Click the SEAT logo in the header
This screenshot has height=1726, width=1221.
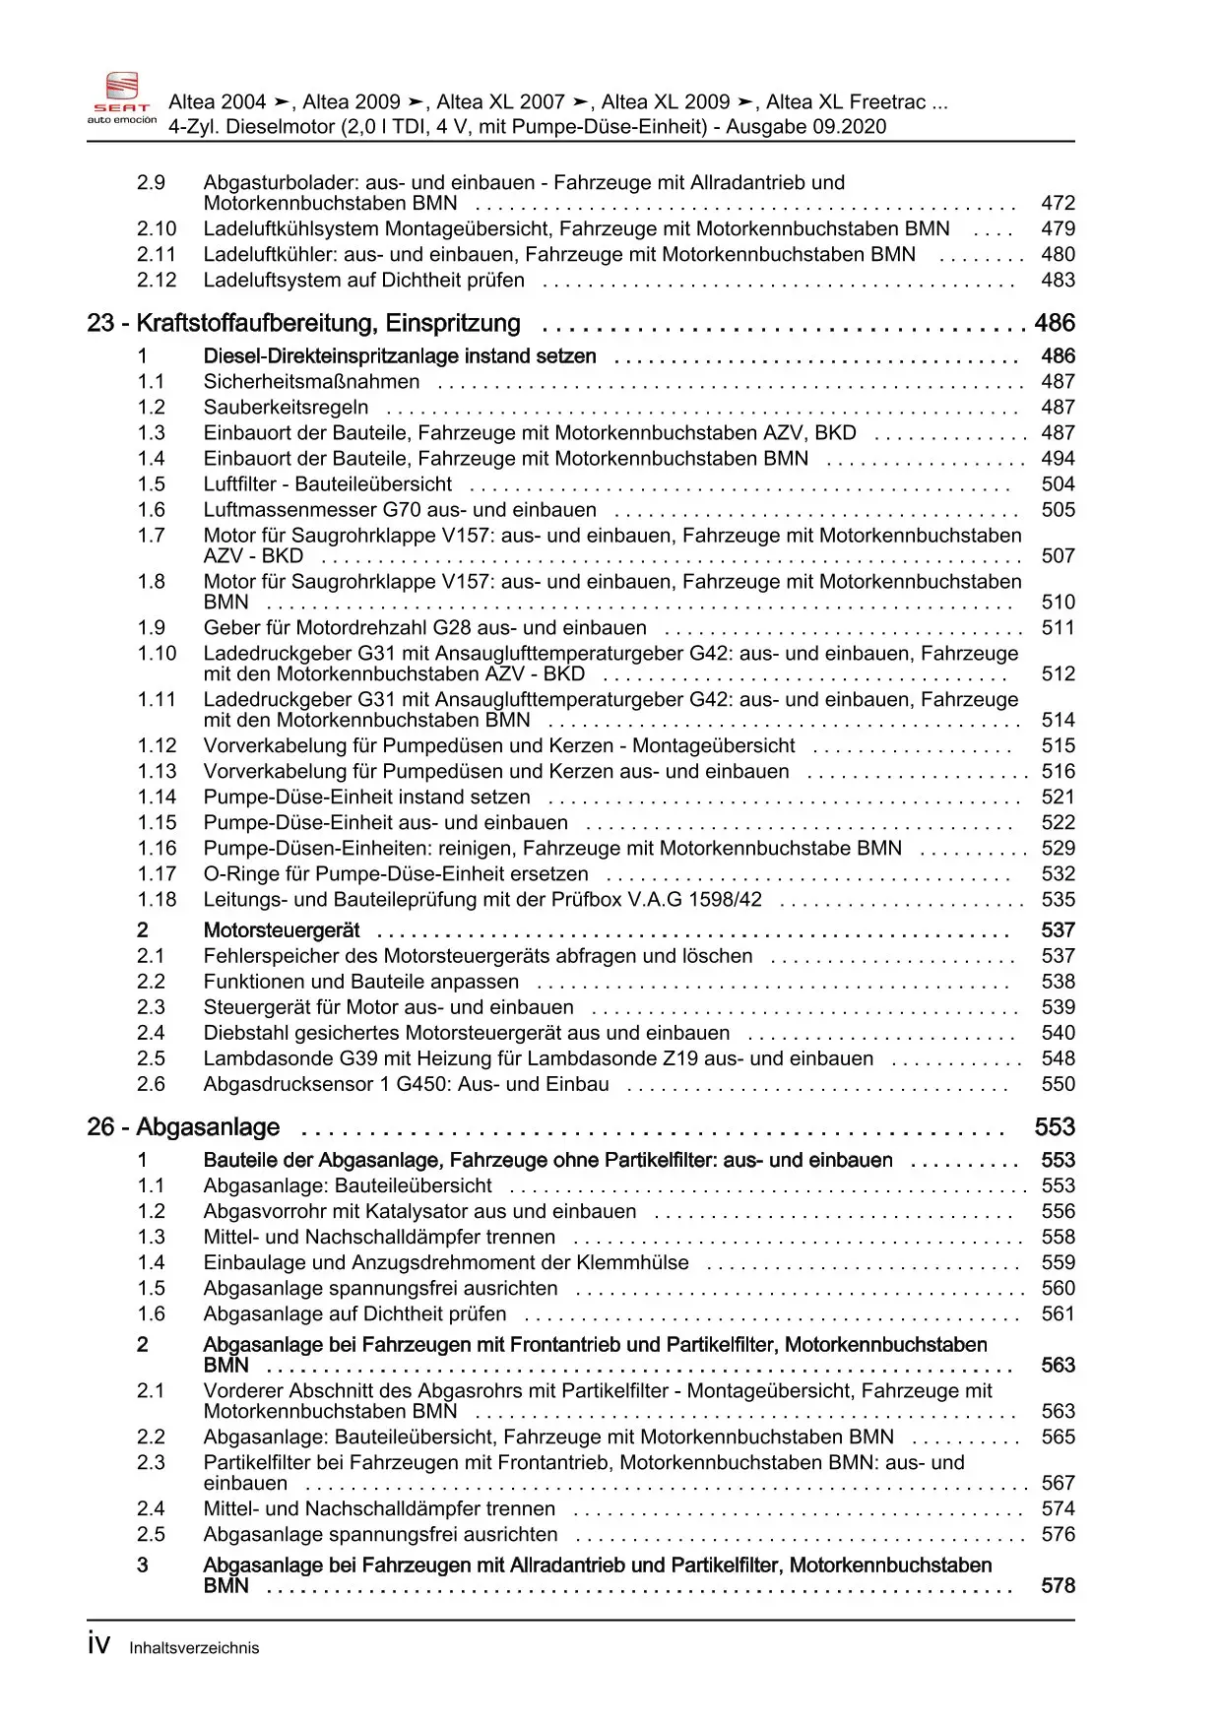(x=122, y=97)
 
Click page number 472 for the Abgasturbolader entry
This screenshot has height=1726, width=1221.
(x=1058, y=204)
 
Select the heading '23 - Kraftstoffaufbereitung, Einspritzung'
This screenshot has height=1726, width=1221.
(x=304, y=324)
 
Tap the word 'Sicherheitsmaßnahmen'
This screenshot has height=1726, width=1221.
(x=311, y=382)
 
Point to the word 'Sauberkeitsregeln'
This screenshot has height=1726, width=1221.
(x=286, y=408)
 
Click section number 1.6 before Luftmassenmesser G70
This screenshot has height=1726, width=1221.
(x=151, y=510)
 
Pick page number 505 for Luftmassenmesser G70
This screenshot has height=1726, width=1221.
(x=1058, y=510)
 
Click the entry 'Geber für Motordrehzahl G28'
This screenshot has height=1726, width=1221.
(x=424, y=628)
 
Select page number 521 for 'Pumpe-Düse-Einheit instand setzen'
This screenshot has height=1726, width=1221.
(x=1058, y=798)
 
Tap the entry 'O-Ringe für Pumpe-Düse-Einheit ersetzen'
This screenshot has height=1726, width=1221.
(x=396, y=874)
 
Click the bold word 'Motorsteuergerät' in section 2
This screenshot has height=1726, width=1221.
(x=282, y=930)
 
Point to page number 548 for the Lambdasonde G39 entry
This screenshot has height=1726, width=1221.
(x=1058, y=1059)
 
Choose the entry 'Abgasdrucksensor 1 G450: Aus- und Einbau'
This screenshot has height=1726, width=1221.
(x=406, y=1085)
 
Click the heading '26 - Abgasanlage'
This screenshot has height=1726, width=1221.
(x=183, y=1127)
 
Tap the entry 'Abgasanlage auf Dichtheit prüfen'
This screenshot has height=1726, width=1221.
(x=354, y=1314)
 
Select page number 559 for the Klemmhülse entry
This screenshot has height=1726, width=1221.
(x=1058, y=1263)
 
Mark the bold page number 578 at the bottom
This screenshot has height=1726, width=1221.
(x=1058, y=1586)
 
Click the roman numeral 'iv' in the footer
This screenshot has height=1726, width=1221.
(x=98, y=1645)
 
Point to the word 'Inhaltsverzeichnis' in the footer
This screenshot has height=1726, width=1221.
(x=194, y=1648)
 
